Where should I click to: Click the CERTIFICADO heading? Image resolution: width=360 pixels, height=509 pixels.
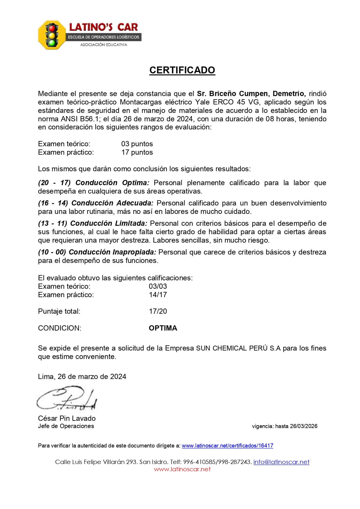pos(182,70)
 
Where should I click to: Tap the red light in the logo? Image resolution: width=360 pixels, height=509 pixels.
pos(52,29)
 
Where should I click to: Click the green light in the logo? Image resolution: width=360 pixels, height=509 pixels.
pos(52,43)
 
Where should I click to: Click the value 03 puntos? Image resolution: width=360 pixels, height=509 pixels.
pos(137,144)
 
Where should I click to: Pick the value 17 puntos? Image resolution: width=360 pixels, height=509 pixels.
pos(137,152)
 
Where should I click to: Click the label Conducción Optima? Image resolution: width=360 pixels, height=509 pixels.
pos(112,183)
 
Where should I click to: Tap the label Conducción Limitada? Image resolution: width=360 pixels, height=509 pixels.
pos(109,223)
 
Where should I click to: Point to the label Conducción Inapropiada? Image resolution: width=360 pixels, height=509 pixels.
pos(113,252)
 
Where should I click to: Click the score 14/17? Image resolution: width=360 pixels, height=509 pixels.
pos(158,295)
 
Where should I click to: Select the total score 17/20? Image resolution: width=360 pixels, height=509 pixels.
pos(158,311)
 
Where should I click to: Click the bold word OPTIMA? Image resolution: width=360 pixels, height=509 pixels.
pos(163,328)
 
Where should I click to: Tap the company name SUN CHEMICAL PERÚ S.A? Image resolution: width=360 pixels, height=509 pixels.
pos(238,348)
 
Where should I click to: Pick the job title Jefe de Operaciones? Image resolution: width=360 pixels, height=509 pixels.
pos(66,426)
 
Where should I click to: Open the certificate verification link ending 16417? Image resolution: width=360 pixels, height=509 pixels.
pos(227,446)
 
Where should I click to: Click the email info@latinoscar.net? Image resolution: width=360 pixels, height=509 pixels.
pos(281,462)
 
